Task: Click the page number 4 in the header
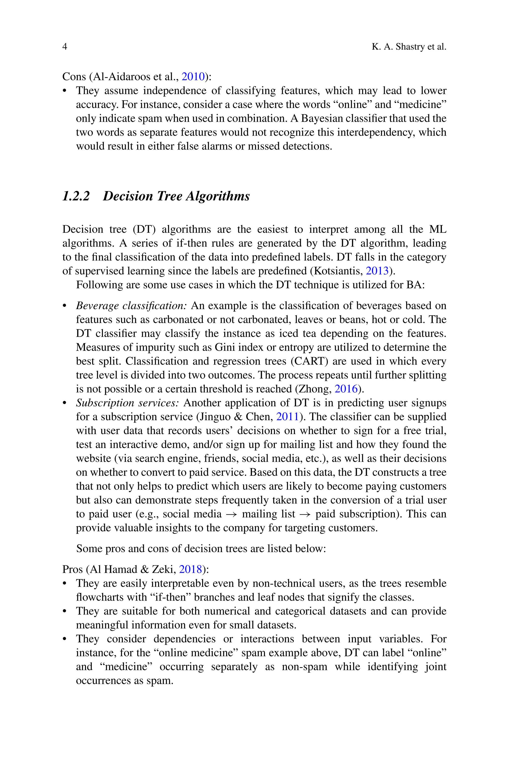[65, 47]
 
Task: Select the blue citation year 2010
[193, 77]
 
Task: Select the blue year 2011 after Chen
[287, 417]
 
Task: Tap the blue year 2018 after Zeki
[190, 569]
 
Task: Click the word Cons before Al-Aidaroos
[74, 77]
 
